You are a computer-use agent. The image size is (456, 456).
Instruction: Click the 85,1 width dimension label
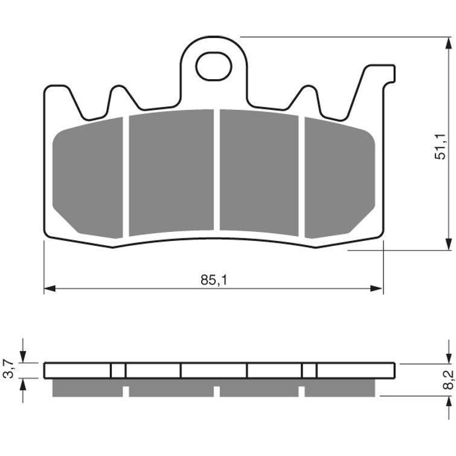pyautogui.click(x=214, y=280)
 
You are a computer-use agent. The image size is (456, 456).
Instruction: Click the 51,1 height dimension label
pyautogui.click(x=440, y=147)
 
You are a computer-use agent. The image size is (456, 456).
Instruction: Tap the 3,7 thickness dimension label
pyautogui.click(x=8, y=368)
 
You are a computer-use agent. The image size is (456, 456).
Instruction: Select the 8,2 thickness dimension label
pyautogui.click(x=449, y=380)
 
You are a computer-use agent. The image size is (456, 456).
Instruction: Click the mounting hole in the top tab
pyautogui.click(x=214, y=66)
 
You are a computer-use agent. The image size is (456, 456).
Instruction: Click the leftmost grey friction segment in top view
pyautogui.click(x=88, y=178)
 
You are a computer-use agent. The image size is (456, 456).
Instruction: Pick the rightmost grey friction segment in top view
pyautogui.click(x=339, y=178)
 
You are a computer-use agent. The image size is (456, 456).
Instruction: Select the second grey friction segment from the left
pyautogui.click(x=172, y=173)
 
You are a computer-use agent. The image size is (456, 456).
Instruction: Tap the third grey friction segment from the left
pyautogui.click(x=259, y=173)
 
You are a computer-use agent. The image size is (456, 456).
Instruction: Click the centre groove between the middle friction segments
pyautogui.click(x=217, y=170)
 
